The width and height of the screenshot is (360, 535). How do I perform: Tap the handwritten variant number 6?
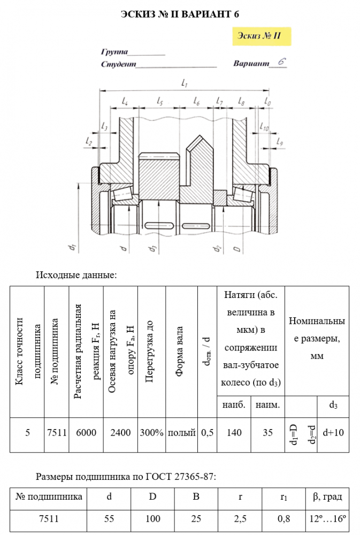pos(281,62)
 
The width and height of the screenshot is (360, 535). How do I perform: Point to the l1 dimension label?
pos(184,83)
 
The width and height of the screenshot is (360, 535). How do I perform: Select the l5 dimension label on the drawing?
pos(159,101)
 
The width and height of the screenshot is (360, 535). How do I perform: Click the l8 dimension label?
pos(241,101)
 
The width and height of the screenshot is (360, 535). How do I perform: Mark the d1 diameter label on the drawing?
pos(71,247)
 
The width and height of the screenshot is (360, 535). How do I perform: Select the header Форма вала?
pos(180,351)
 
